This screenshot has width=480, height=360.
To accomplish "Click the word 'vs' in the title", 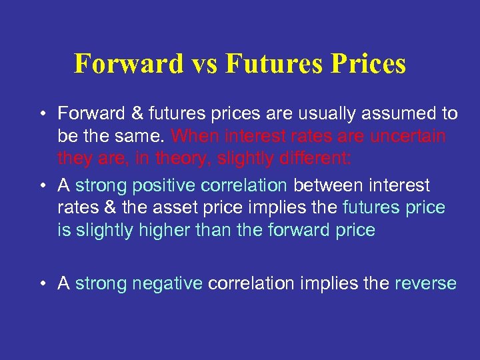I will (203, 64).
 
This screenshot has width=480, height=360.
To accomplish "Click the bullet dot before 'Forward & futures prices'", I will (41, 114).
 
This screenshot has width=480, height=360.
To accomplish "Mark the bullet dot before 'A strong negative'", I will (41, 284).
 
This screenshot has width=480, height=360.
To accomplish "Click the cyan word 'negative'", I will (167, 284).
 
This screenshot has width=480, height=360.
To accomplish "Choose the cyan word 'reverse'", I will (425, 284).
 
